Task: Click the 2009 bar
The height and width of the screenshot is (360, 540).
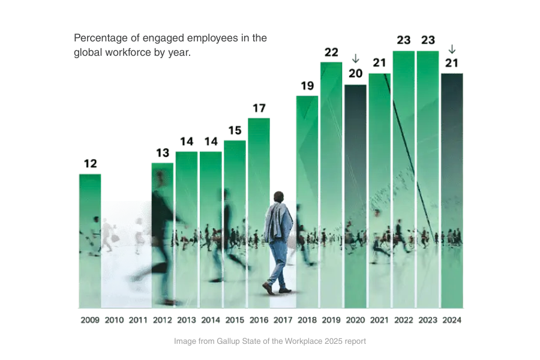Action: click(90, 240)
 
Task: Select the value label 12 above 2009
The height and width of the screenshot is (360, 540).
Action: click(90, 164)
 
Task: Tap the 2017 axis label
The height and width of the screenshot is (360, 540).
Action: click(283, 320)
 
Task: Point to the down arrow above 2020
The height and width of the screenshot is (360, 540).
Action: click(355, 58)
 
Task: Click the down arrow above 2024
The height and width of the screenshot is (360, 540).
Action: click(452, 49)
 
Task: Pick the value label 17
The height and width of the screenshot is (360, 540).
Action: click(259, 108)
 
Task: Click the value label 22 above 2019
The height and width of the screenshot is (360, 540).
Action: click(331, 52)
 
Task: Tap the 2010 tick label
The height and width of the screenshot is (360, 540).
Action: click(114, 320)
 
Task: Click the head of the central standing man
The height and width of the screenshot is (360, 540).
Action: click(278, 197)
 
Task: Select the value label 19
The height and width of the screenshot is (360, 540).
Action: click(307, 86)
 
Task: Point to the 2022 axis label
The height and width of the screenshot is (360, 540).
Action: click(404, 320)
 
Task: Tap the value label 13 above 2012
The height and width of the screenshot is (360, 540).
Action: click(163, 152)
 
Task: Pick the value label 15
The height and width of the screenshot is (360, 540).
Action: click(235, 130)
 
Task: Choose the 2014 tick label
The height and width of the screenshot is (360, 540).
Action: click(211, 320)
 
